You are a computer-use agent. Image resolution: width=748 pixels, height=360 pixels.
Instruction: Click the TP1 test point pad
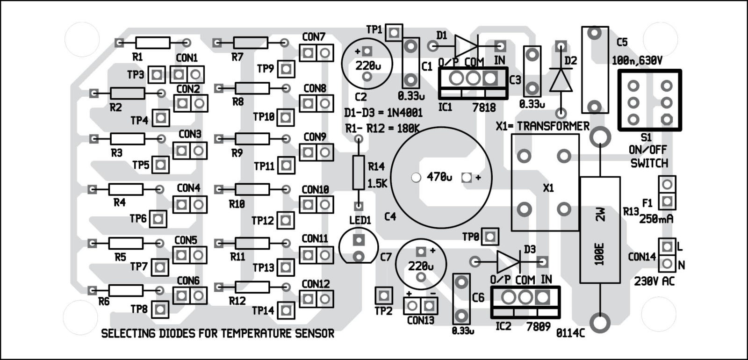click(395, 32)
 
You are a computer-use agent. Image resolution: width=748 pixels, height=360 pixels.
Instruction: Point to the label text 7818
click(484, 108)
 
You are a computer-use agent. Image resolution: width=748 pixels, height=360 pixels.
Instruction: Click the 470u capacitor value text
click(439, 178)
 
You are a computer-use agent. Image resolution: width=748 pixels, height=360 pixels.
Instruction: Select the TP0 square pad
click(490, 237)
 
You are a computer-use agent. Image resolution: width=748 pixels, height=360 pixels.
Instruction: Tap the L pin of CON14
click(667, 246)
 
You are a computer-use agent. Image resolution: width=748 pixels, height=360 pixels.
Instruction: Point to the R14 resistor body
click(359, 173)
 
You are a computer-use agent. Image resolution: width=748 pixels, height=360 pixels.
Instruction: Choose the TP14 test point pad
click(286, 310)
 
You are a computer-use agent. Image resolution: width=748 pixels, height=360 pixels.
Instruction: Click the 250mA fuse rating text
click(656, 219)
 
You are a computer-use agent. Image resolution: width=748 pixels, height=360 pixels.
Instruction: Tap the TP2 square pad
click(384, 295)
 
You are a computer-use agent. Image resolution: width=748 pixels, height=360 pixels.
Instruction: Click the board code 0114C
click(570, 333)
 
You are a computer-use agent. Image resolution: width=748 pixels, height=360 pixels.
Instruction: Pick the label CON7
click(314, 36)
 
